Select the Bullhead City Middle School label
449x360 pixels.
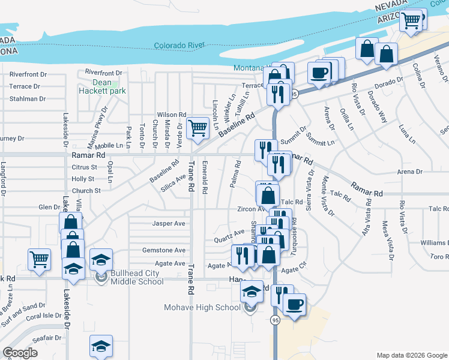point(135,277)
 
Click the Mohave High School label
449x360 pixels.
point(202,308)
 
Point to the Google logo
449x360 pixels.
point(20,353)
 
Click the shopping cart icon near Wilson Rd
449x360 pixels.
point(197,127)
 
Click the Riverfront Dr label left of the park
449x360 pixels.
point(28,74)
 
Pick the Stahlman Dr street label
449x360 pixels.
point(28,99)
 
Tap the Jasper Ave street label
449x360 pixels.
point(169,223)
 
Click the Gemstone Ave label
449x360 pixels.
point(163,250)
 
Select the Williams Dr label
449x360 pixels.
point(434,242)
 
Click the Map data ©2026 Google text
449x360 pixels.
point(411,354)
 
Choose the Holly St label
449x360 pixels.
point(83,179)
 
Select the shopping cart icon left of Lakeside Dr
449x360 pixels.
point(39,259)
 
